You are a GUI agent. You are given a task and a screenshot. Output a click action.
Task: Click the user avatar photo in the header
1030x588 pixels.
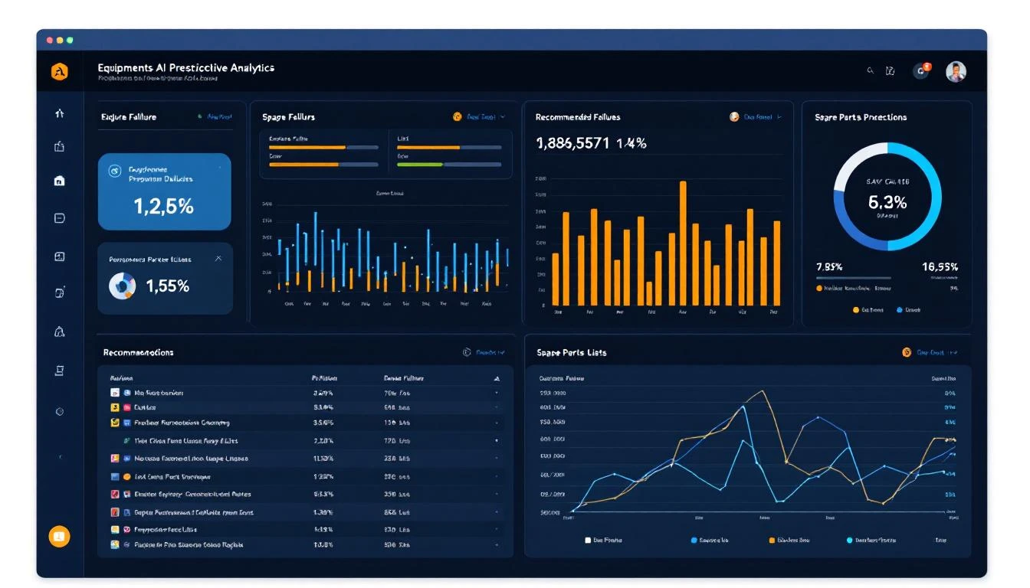click(956, 71)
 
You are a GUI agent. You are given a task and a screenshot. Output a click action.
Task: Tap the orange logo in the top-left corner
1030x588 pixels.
click(60, 72)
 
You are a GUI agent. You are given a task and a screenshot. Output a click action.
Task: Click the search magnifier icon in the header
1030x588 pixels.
click(870, 70)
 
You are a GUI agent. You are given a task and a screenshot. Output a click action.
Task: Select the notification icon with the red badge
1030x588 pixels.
click(921, 70)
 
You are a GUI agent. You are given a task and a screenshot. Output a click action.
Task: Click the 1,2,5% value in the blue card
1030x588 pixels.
click(163, 206)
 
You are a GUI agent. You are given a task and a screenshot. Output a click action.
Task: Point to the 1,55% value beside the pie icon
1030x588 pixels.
click(167, 286)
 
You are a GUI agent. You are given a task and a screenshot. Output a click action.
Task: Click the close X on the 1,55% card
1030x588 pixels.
click(218, 259)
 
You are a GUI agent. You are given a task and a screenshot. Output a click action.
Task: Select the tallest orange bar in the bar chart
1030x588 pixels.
click(683, 243)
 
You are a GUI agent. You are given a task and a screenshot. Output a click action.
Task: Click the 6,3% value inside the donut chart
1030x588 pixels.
click(887, 202)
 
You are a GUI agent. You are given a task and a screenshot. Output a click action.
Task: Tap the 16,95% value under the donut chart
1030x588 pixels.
click(940, 266)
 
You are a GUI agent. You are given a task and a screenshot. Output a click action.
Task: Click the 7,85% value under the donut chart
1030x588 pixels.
click(829, 266)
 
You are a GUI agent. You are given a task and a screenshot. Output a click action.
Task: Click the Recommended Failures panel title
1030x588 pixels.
click(578, 117)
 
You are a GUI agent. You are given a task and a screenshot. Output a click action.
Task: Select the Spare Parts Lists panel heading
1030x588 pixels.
click(572, 352)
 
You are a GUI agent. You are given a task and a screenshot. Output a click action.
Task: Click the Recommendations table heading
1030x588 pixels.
click(138, 352)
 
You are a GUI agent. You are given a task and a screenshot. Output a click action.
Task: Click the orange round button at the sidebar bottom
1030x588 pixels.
click(60, 537)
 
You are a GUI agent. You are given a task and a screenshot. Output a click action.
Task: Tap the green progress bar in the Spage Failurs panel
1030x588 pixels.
click(420, 164)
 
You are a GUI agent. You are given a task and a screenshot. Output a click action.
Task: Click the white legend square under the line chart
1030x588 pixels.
click(588, 540)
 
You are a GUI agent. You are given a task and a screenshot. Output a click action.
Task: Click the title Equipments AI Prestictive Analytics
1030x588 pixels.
click(185, 67)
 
